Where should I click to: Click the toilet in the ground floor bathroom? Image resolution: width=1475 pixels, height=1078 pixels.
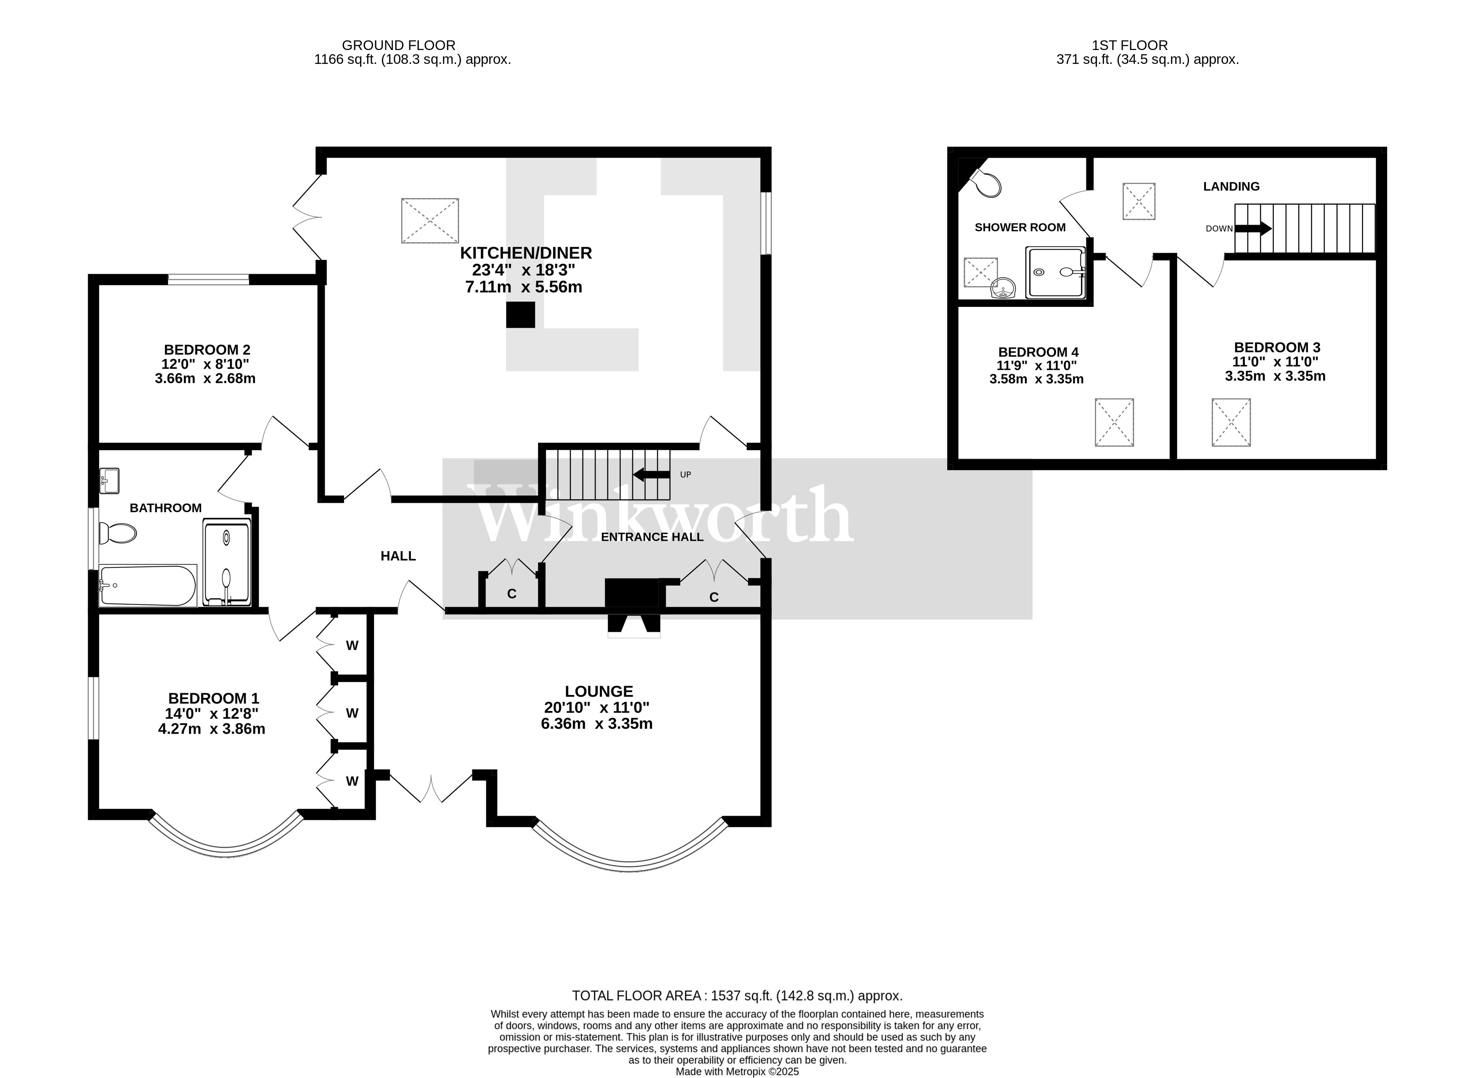(117, 534)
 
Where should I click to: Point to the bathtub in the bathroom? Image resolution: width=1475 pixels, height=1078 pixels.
(148, 585)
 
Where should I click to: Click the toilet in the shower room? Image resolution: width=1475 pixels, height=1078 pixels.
(987, 183)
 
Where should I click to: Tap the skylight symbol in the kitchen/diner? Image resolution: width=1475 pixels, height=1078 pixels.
(429, 221)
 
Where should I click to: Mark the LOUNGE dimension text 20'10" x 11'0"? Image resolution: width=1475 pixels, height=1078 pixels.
(596, 707)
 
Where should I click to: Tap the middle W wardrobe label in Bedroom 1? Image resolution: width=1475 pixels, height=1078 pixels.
(352, 713)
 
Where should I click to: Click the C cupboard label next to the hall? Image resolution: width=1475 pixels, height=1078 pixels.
(512, 594)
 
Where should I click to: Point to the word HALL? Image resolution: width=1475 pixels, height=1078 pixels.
(398, 556)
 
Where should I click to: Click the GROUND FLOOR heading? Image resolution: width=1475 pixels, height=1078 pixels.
(398, 45)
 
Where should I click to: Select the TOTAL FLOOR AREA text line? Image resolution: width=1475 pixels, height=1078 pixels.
(737, 996)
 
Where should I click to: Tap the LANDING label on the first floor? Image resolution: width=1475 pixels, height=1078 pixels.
(1231, 187)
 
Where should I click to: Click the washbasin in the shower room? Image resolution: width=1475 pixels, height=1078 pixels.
(1003, 287)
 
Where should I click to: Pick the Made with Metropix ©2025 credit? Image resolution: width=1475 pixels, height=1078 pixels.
(737, 1071)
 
